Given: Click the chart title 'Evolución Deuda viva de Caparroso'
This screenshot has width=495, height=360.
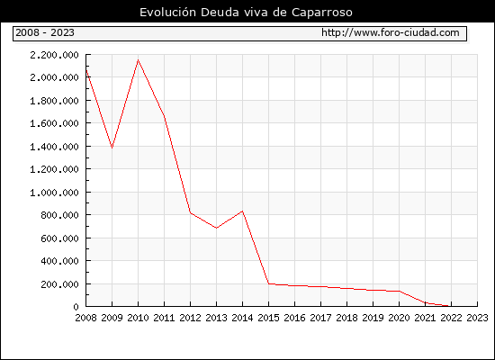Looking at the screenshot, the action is click(x=246, y=13).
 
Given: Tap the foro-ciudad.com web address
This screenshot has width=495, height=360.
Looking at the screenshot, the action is click(x=391, y=32).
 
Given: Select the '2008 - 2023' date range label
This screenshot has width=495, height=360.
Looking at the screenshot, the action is click(x=45, y=32).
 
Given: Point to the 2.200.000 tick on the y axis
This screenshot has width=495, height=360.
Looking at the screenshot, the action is click(x=54, y=55).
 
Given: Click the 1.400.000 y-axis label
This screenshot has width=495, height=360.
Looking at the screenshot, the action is click(x=54, y=147).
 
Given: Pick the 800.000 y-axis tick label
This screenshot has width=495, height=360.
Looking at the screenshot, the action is click(x=59, y=215).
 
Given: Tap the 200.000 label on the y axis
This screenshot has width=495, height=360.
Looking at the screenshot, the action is click(x=59, y=283).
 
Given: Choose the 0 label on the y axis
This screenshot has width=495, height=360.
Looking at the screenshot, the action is click(x=76, y=307).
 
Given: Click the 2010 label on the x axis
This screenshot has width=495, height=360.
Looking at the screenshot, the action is click(x=138, y=318).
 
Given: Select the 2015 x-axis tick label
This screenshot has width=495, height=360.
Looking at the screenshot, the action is click(x=269, y=318).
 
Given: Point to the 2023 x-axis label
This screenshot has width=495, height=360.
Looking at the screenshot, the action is click(x=477, y=318).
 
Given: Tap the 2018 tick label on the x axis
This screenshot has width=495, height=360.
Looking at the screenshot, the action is click(x=346, y=318).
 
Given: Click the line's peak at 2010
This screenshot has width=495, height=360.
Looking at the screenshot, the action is click(x=138, y=59).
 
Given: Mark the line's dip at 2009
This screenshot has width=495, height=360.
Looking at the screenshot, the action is click(x=112, y=148).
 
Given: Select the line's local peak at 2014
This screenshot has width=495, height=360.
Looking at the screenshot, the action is click(x=242, y=211).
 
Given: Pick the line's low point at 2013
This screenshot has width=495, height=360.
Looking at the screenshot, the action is click(x=216, y=228).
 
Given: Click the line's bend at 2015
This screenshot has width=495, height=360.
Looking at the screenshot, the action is click(x=269, y=283).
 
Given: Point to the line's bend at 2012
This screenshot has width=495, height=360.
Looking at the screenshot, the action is click(x=190, y=212).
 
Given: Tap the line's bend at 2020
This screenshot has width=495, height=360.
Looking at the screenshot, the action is click(x=400, y=292).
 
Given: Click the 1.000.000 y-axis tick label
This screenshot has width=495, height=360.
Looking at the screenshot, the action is click(x=54, y=193).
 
